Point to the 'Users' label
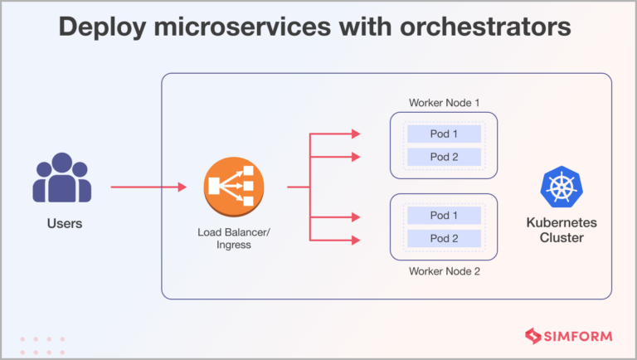[x=61, y=224]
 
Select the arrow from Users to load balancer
[x=149, y=187]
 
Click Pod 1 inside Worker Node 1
[x=444, y=133]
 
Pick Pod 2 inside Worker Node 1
[x=444, y=156]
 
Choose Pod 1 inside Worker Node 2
[x=444, y=216]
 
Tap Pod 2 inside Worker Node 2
[x=444, y=239]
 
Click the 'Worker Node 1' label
[x=444, y=103]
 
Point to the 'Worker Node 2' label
[x=444, y=271]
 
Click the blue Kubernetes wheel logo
[x=562, y=187]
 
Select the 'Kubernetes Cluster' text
[x=562, y=231]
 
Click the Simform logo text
[x=579, y=337]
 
